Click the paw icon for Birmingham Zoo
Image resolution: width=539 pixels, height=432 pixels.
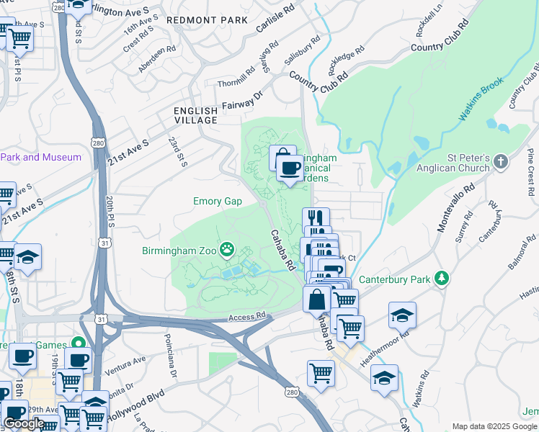click(228, 250)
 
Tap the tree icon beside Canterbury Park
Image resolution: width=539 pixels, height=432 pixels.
click(441, 279)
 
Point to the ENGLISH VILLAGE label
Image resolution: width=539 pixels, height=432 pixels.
click(195, 115)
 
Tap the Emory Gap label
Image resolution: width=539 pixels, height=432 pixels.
click(217, 202)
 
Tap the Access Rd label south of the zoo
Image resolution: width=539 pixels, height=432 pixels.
click(247, 317)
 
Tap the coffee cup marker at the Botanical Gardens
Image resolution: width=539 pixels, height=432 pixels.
click(290, 169)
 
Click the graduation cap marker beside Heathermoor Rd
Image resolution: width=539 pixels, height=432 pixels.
click(402, 314)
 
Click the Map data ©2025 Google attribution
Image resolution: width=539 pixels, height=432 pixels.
click(494, 426)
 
